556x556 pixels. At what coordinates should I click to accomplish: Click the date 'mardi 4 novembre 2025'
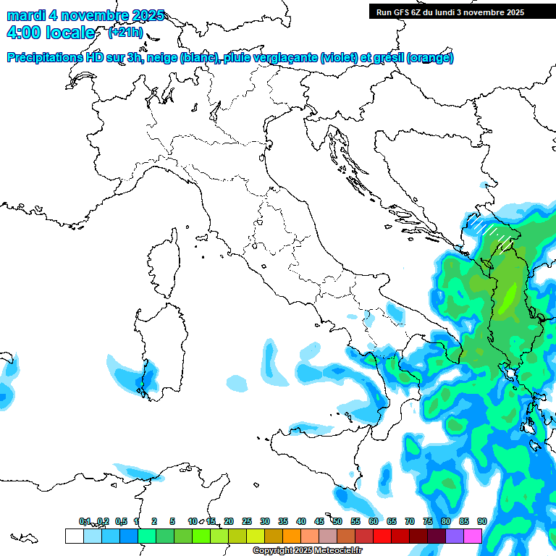pyautogui.click(x=85, y=15)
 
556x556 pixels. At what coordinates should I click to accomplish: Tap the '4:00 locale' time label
pyautogui.click(x=50, y=33)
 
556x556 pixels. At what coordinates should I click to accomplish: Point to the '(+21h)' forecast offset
pyautogui.click(x=125, y=33)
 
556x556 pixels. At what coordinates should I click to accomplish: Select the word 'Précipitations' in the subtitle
pyautogui.click(x=46, y=58)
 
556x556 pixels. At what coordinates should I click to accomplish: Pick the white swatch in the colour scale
pyautogui.click(x=74, y=536)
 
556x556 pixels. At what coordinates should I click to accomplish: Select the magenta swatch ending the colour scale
pyautogui.click(x=473, y=536)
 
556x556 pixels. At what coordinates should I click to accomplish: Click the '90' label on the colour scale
pyautogui.click(x=481, y=521)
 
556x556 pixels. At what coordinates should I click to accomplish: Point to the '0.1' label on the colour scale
pyautogui.click(x=85, y=521)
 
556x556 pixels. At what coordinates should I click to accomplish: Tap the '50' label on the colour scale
pyautogui.click(x=337, y=521)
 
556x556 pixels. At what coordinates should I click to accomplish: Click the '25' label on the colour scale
pyautogui.click(x=247, y=521)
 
